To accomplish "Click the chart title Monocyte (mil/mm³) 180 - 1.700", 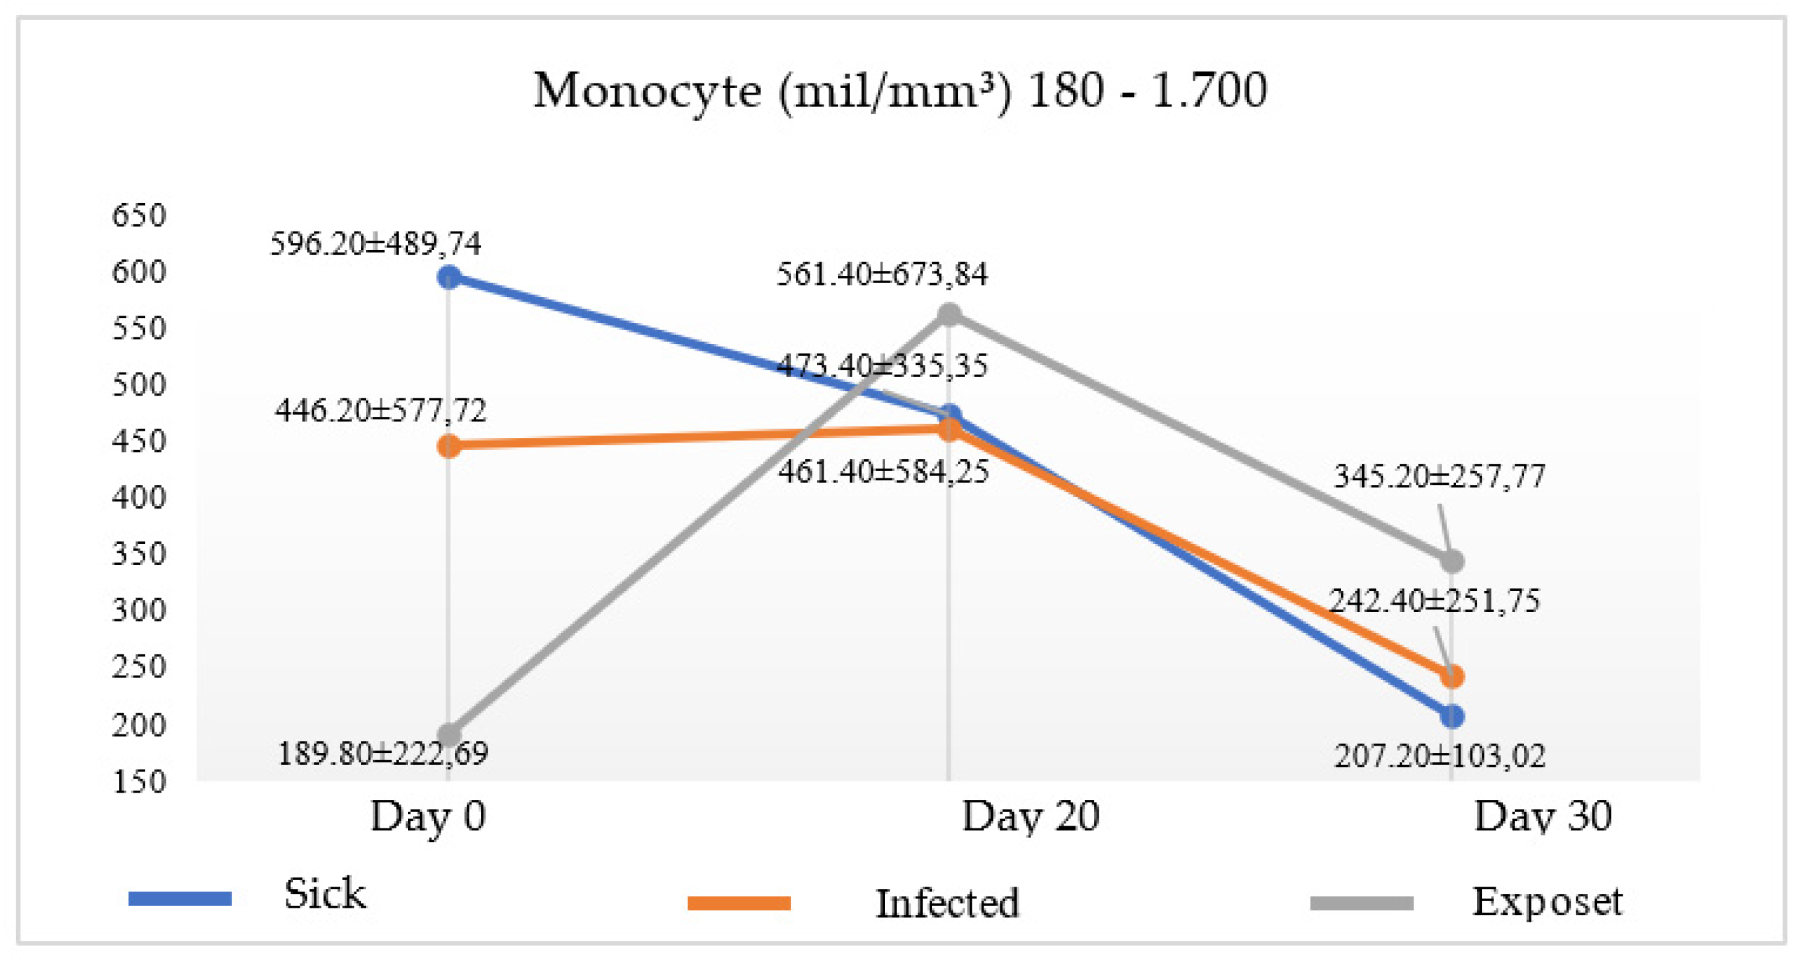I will point(900,91).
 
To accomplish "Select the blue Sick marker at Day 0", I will point(449,277).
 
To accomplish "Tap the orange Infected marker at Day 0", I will point(449,446).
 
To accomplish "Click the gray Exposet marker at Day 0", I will point(449,734).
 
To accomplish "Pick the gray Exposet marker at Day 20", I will point(949,315).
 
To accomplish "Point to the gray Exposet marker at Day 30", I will point(1452,561).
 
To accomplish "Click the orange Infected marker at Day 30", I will point(1452,677).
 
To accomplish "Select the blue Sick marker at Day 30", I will point(1452,717).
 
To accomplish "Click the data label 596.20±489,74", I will point(376,244).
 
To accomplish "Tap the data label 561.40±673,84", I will point(882,275).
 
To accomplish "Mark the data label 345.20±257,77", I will point(1439,477).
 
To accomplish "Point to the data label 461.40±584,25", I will point(884,472).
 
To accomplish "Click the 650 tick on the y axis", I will point(139,215).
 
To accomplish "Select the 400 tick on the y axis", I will point(139,498).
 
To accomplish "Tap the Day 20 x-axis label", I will point(1031,816).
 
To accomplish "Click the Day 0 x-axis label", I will point(427,816).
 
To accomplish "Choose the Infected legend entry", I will point(947,903).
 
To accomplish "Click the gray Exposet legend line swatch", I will point(1361,903).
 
